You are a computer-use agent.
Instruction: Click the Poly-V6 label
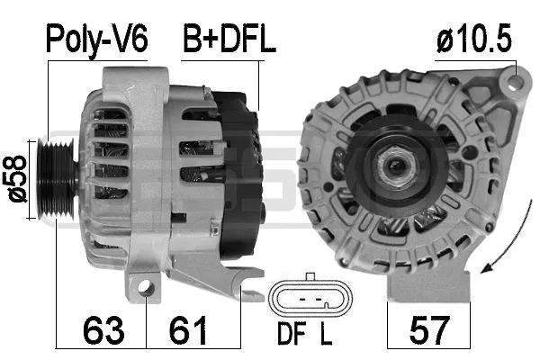pyautogui.click(x=97, y=39)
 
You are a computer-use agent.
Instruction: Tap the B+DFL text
pyautogui.click(x=229, y=39)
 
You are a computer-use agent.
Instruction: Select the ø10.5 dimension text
pyautogui.click(x=476, y=39)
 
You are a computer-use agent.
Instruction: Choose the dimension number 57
pyautogui.click(x=429, y=329)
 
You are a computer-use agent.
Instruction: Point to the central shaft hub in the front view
pyautogui.click(x=392, y=166)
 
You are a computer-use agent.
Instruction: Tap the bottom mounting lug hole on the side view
pyautogui.click(x=145, y=287)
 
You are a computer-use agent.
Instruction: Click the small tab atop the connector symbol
pyautogui.click(x=309, y=277)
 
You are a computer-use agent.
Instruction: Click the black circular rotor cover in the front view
pyautogui.click(x=392, y=166)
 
